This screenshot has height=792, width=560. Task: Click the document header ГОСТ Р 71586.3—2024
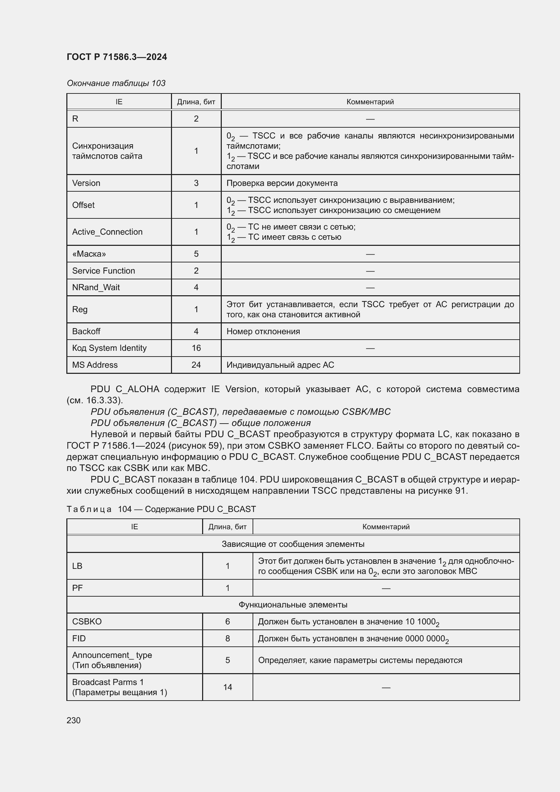click(116, 57)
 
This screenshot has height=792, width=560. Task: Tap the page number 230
click(73, 720)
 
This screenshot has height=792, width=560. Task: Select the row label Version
click(86, 183)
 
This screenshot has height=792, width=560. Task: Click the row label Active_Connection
click(107, 232)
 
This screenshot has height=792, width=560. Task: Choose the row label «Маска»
click(89, 254)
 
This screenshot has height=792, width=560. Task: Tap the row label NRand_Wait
click(96, 287)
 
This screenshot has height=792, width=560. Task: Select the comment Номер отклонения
click(263, 331)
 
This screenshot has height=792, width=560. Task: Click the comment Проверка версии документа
click(282, 183)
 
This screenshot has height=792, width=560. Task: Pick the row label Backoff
click(86, 331)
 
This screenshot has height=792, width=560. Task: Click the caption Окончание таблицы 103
click(116, 83)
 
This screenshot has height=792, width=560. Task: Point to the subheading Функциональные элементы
click(293, 605)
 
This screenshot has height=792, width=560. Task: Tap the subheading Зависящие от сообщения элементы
click(293, 544)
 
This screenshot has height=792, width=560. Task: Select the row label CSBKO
click(87, 622)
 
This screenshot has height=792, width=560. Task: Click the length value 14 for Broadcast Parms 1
click(227, 687)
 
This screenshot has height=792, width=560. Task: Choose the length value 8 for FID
click(227, 639)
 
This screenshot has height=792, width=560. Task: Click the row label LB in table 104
click(77, 566)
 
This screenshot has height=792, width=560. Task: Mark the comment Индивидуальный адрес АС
click(280, 365)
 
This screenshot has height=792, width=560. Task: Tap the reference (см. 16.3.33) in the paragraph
click(94, 401)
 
